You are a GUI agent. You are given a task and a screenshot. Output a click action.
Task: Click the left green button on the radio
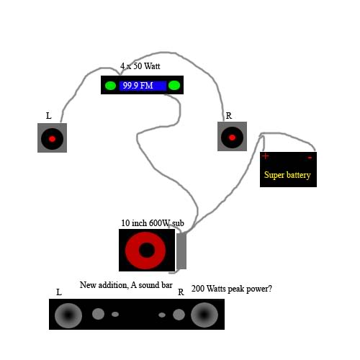110,86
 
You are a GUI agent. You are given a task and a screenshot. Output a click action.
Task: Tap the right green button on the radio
174,86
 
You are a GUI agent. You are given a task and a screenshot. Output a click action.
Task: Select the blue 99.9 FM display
143,86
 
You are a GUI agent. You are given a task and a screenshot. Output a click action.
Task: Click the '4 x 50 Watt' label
140,66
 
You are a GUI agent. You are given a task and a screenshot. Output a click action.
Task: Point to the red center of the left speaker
52,139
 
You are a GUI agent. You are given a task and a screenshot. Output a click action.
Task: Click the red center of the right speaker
232,138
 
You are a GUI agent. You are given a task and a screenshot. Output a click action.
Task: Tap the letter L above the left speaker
49,116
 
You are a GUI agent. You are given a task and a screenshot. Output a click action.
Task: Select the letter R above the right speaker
229,116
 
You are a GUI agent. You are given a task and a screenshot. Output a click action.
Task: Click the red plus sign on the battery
266,156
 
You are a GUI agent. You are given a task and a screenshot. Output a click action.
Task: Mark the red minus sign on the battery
310,158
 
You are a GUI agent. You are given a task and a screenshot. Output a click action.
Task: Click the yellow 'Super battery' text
287,175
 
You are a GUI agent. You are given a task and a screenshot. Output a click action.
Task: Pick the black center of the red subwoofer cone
147,250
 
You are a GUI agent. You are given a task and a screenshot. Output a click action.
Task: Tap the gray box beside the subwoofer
181,251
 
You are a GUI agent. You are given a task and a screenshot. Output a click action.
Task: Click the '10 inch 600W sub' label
153,223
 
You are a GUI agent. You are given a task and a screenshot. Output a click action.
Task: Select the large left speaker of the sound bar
68,315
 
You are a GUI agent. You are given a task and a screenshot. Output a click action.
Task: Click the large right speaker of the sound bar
204,315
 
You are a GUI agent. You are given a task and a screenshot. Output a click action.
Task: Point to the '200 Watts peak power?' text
232,289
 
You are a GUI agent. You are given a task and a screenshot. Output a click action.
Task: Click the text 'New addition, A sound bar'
126,285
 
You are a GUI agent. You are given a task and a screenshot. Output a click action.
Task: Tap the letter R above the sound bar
181,292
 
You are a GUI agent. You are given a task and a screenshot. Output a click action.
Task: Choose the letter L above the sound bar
59,292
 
